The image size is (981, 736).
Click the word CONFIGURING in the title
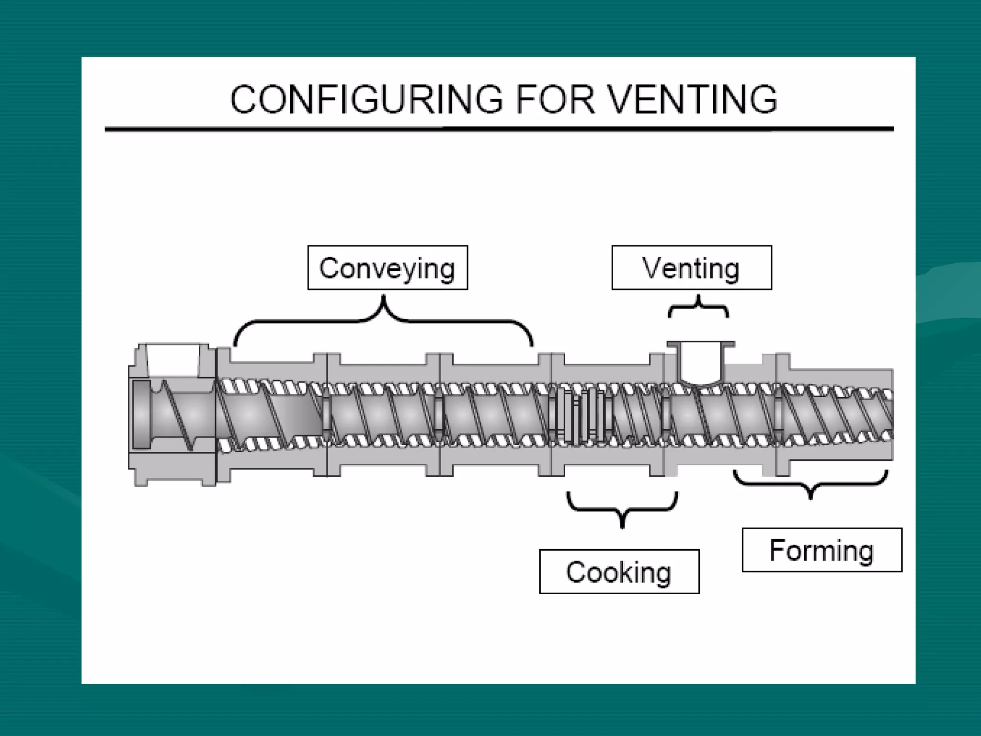point(366,99)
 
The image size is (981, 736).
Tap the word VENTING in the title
point(693,99)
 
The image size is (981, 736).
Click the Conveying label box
point(388,268)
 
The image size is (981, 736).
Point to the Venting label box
point(691,268)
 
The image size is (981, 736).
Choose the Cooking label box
point(619,572)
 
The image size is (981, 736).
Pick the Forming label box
point(821,550)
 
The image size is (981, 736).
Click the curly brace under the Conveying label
point(383,319)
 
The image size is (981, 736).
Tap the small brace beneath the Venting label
point(698,307)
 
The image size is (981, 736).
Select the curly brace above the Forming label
point(810,484)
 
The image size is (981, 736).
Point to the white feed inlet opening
point(172,359)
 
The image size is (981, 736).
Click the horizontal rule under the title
point(499,129)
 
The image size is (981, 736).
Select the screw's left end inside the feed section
point(141,415)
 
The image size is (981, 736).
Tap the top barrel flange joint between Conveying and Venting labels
point(551,359)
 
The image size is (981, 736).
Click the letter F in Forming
point(777,550)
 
